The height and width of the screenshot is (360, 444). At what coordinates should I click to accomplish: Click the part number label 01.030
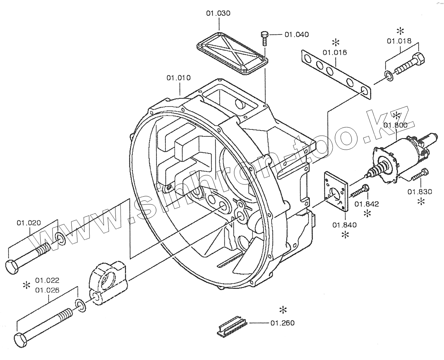(x=218, y=13)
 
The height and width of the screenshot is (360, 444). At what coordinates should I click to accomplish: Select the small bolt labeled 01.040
(x=264, y=38)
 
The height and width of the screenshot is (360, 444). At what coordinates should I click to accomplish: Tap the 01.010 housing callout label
(x=179, y=78)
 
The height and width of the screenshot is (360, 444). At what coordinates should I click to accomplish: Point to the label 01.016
(x=334, y=52)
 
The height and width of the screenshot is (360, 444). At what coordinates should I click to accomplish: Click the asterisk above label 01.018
(x=400, y=31)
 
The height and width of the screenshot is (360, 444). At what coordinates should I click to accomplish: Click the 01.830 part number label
(x=420, y=191)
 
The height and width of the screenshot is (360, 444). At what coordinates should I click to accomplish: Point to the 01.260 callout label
(x=282, y=323)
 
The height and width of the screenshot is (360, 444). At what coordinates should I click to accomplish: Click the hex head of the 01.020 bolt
(x=12, y=266)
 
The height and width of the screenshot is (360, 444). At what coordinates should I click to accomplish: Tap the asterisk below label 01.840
(x=345, y=235)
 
